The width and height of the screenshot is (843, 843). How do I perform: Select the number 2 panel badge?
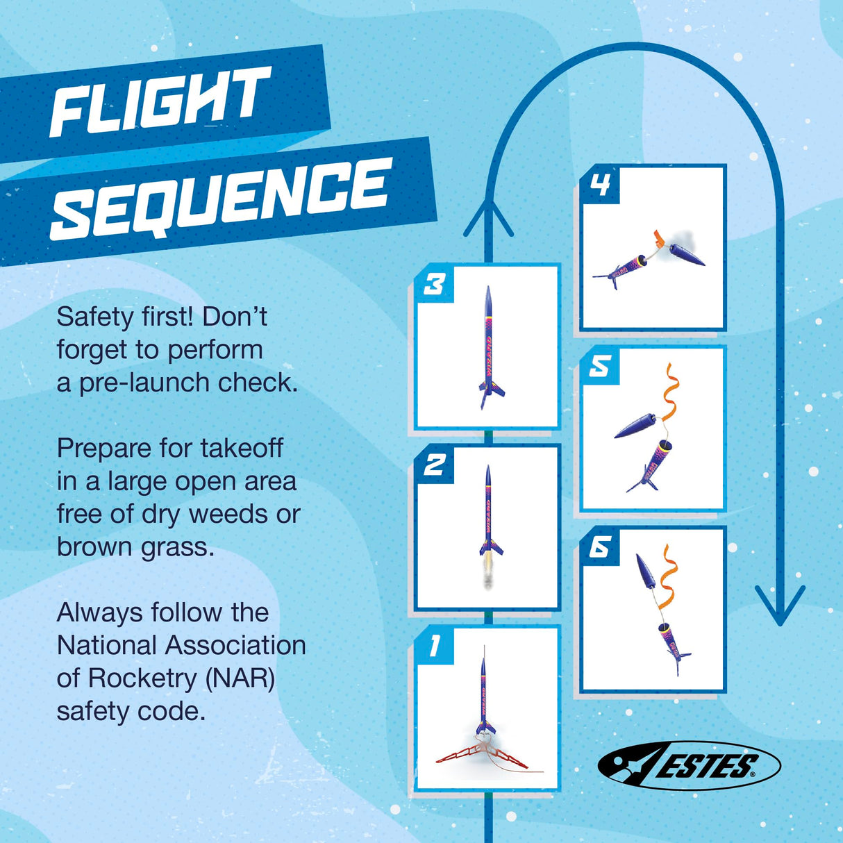pos(435,465)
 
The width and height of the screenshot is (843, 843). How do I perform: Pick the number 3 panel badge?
pos(435,284)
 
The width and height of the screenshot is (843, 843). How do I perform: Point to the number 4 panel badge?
pos(600,185)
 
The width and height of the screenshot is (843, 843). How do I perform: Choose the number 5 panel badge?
pos(600,366)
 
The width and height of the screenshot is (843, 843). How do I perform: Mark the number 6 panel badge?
pos(600,547)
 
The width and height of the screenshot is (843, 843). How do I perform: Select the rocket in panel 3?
pos(489,347)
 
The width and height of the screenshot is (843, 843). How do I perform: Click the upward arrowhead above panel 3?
pos(488,215)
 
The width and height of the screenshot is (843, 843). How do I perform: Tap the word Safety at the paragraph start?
pos(94,317)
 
